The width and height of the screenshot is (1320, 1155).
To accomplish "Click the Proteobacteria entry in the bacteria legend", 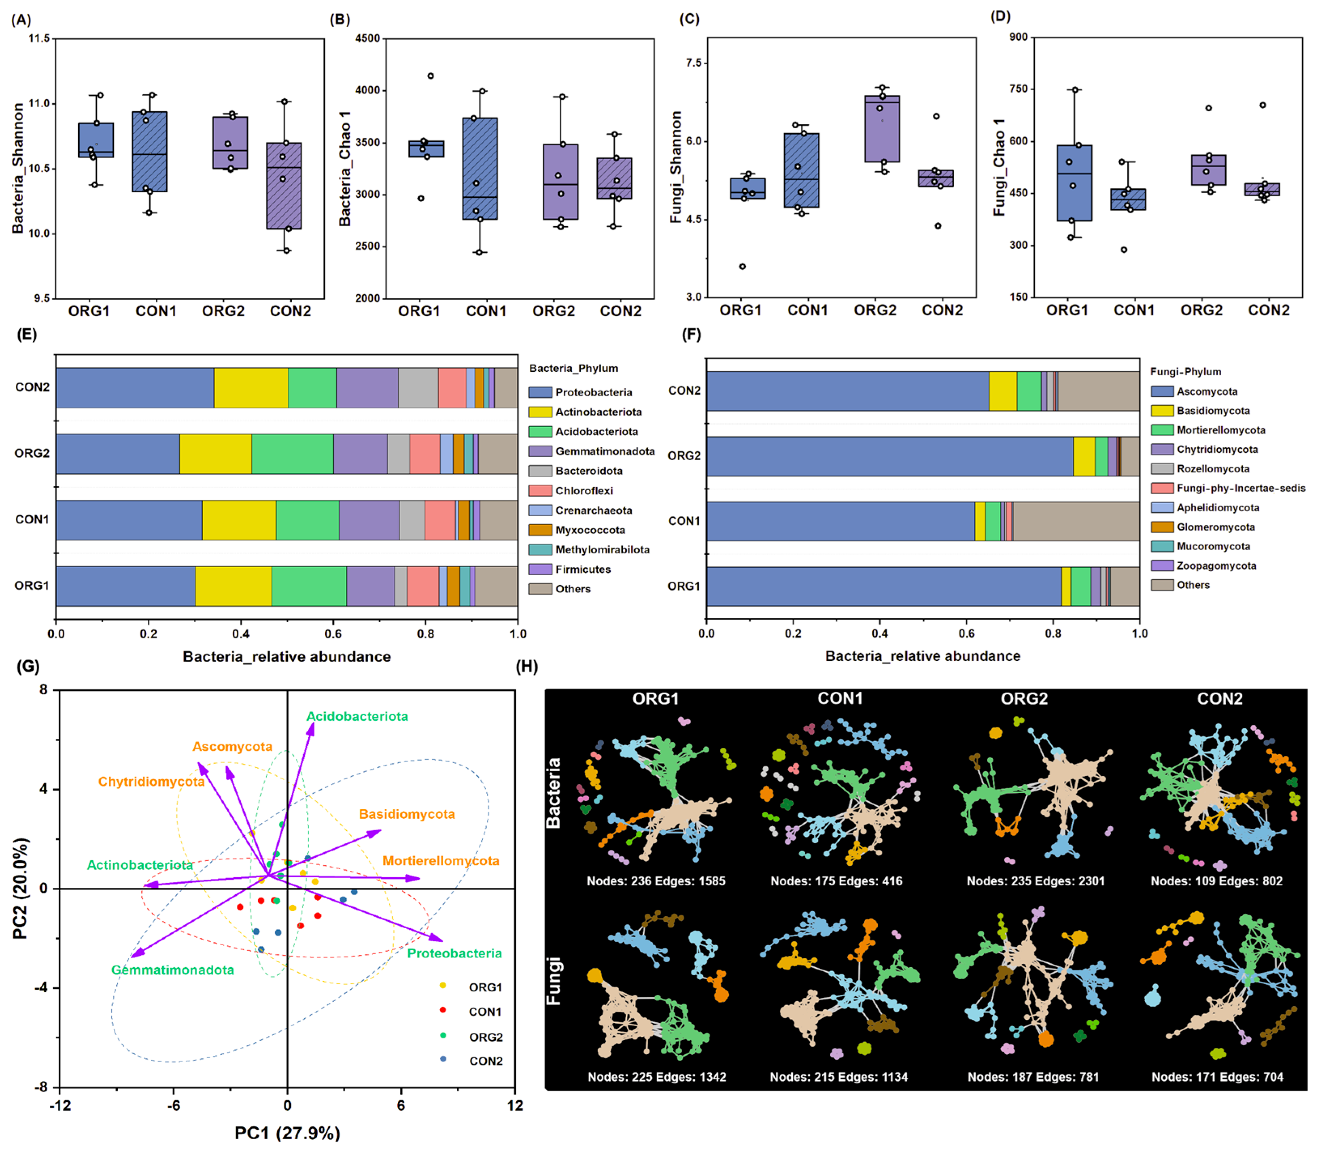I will click(x=593, y=392).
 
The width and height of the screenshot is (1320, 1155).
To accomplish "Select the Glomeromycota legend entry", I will click(x=1215, y=527).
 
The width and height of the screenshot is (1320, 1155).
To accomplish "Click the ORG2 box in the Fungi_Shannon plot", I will click(x=882, y=129).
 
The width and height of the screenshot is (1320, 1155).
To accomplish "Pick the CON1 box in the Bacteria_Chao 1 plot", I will click(x=480, y=169).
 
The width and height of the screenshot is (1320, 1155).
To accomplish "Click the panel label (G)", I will click(x=28, y=666).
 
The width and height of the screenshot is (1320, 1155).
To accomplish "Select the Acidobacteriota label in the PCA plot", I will click(x=357, y=716).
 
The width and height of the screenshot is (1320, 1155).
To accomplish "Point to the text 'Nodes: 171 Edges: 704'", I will click(x=1217, y=1076).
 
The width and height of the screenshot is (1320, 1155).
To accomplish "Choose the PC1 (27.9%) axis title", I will click(x=287, y=1132).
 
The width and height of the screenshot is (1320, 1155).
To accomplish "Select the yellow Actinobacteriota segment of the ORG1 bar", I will click(x=233, y=586).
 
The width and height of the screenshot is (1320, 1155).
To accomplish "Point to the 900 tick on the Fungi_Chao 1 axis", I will click(x=1019, y=37).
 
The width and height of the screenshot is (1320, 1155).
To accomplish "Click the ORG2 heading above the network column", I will click(x=1024, y=699).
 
